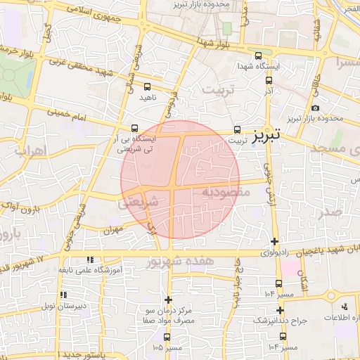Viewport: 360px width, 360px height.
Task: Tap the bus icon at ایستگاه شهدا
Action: coord(258,56)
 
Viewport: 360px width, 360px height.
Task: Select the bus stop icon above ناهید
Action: coord(147,87)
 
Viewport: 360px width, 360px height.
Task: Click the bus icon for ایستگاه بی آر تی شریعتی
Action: coord(134,128)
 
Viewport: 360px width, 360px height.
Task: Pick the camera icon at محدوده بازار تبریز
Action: coord(314,108)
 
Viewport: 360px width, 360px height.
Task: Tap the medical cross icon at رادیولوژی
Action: coord(274,242)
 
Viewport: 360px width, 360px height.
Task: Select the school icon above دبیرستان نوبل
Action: coord(63,295)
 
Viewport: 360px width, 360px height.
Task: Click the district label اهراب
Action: coord(30,150)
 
